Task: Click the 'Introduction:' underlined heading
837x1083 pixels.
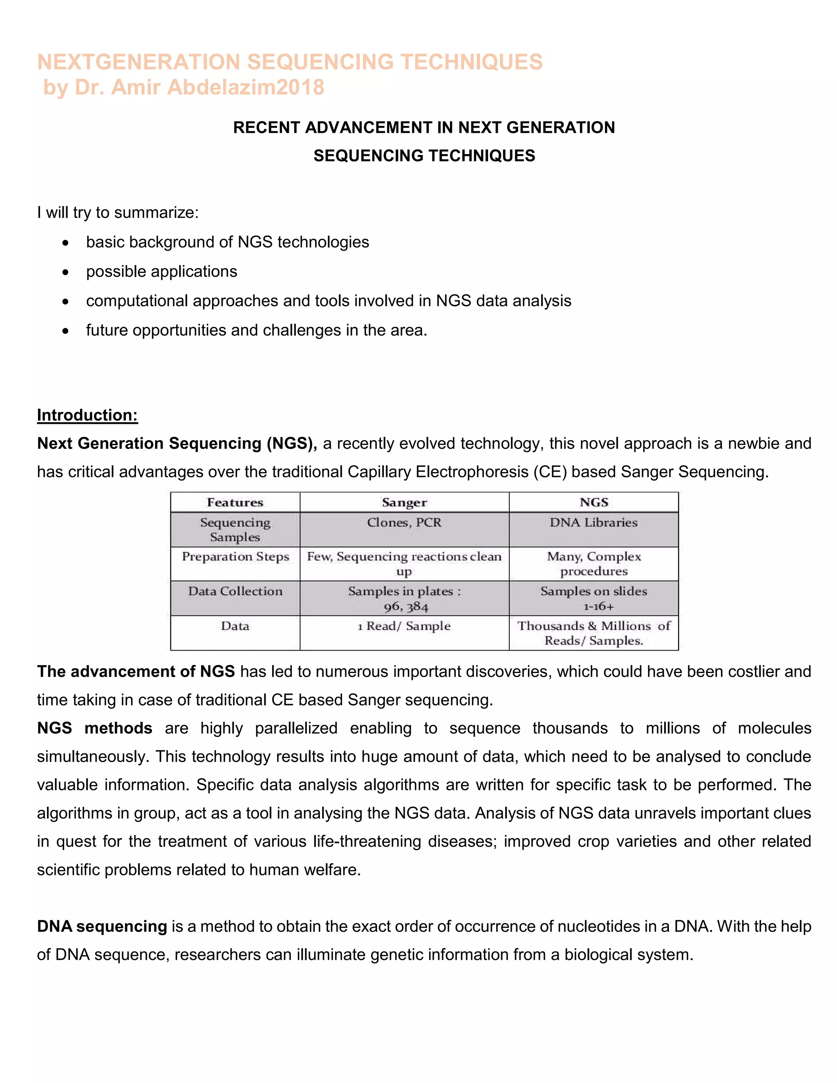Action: (87, 415)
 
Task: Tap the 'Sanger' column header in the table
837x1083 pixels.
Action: (404, 502)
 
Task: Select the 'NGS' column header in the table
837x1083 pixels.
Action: (593, 502)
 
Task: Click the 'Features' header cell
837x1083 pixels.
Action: (235, 502)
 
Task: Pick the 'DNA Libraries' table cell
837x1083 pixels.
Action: (593, 522)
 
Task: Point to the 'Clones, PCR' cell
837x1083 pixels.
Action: (404, 522)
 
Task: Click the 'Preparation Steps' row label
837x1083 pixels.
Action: (235, 556)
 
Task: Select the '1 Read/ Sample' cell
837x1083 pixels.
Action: (404, 626)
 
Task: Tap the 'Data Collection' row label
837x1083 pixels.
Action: (235, 591)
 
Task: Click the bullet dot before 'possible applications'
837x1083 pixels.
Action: (65, 272)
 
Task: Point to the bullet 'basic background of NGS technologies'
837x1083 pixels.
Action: (227, 242)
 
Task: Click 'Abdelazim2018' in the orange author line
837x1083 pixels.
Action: (246, 87)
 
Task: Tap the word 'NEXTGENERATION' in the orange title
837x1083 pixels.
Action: (139, 63)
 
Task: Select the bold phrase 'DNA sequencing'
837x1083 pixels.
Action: (102, 926)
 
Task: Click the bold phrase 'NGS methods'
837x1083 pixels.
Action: (94, 728)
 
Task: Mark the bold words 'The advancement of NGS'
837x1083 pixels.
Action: (135, 671)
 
